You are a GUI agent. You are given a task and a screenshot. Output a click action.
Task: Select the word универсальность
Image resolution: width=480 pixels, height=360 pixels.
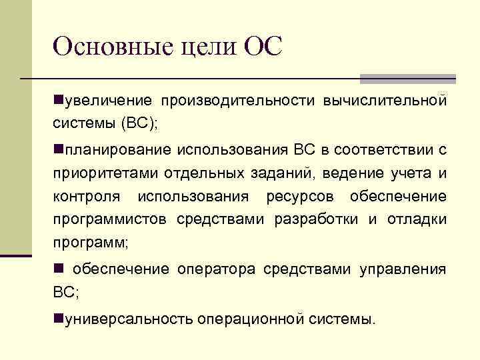click(127, 319)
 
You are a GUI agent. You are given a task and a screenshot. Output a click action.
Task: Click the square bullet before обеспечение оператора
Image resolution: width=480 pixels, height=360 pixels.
click(58, 269)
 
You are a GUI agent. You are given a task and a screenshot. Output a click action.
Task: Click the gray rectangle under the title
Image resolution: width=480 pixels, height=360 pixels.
click(407, 79)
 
